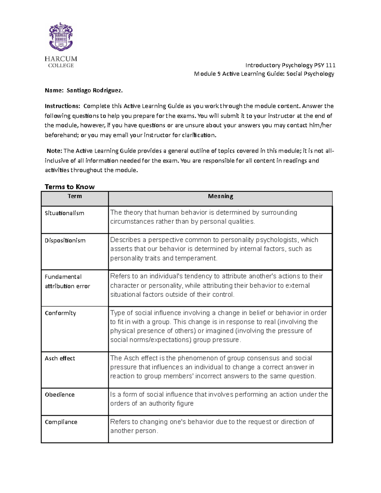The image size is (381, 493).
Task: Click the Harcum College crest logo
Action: [x=61, y=37]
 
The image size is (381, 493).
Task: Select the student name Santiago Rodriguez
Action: [x=94, y=90]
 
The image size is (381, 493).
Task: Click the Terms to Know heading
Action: [x=70, y=187]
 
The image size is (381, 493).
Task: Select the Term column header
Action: [x=75, y=197]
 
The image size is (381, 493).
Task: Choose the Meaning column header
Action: [x=220, y=197]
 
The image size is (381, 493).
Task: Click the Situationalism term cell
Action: [x=64, y=213]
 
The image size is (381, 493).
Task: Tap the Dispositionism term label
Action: [x=65, y=240]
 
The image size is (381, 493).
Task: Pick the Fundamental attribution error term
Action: [x=67, y=281]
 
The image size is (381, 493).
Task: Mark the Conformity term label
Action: [x=60, y=313]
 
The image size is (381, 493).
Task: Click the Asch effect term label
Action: [x=60, y=358]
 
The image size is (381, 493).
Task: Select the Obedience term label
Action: [x=60, y=395]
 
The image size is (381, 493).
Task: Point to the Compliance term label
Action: [x=61, y=422]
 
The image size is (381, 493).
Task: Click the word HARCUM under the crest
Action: [x=61, y=59]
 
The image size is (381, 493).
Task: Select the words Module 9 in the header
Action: [x=207, y=74]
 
